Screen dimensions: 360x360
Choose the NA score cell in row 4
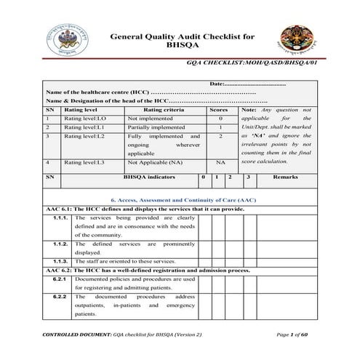click(x=220, y=163)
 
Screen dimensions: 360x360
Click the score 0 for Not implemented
click(x=220, y=118)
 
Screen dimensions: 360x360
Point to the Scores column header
click(x=220, y=109)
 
